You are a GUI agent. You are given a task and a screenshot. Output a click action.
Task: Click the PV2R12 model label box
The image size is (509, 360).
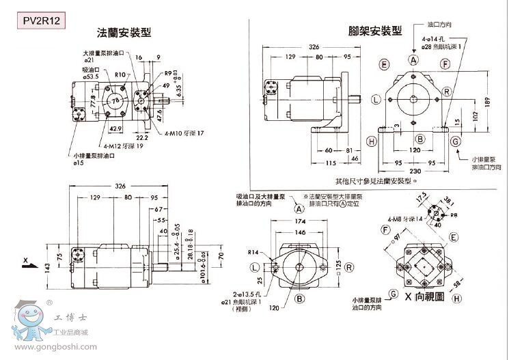[x=42, y=20]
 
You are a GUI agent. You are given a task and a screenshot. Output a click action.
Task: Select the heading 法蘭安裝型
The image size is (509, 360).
[x=124, y=33]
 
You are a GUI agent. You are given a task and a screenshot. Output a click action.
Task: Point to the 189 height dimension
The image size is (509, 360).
[x=486, y=102]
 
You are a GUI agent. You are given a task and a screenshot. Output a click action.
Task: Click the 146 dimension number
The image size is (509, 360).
[x=299, y=232]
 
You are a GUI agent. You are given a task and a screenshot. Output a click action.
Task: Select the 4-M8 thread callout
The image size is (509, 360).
[x=401, y=219]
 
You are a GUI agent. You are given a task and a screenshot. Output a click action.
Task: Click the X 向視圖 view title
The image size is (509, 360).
[x=424, y=296]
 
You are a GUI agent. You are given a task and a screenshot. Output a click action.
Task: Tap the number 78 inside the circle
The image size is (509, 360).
[x=115, y=101]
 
